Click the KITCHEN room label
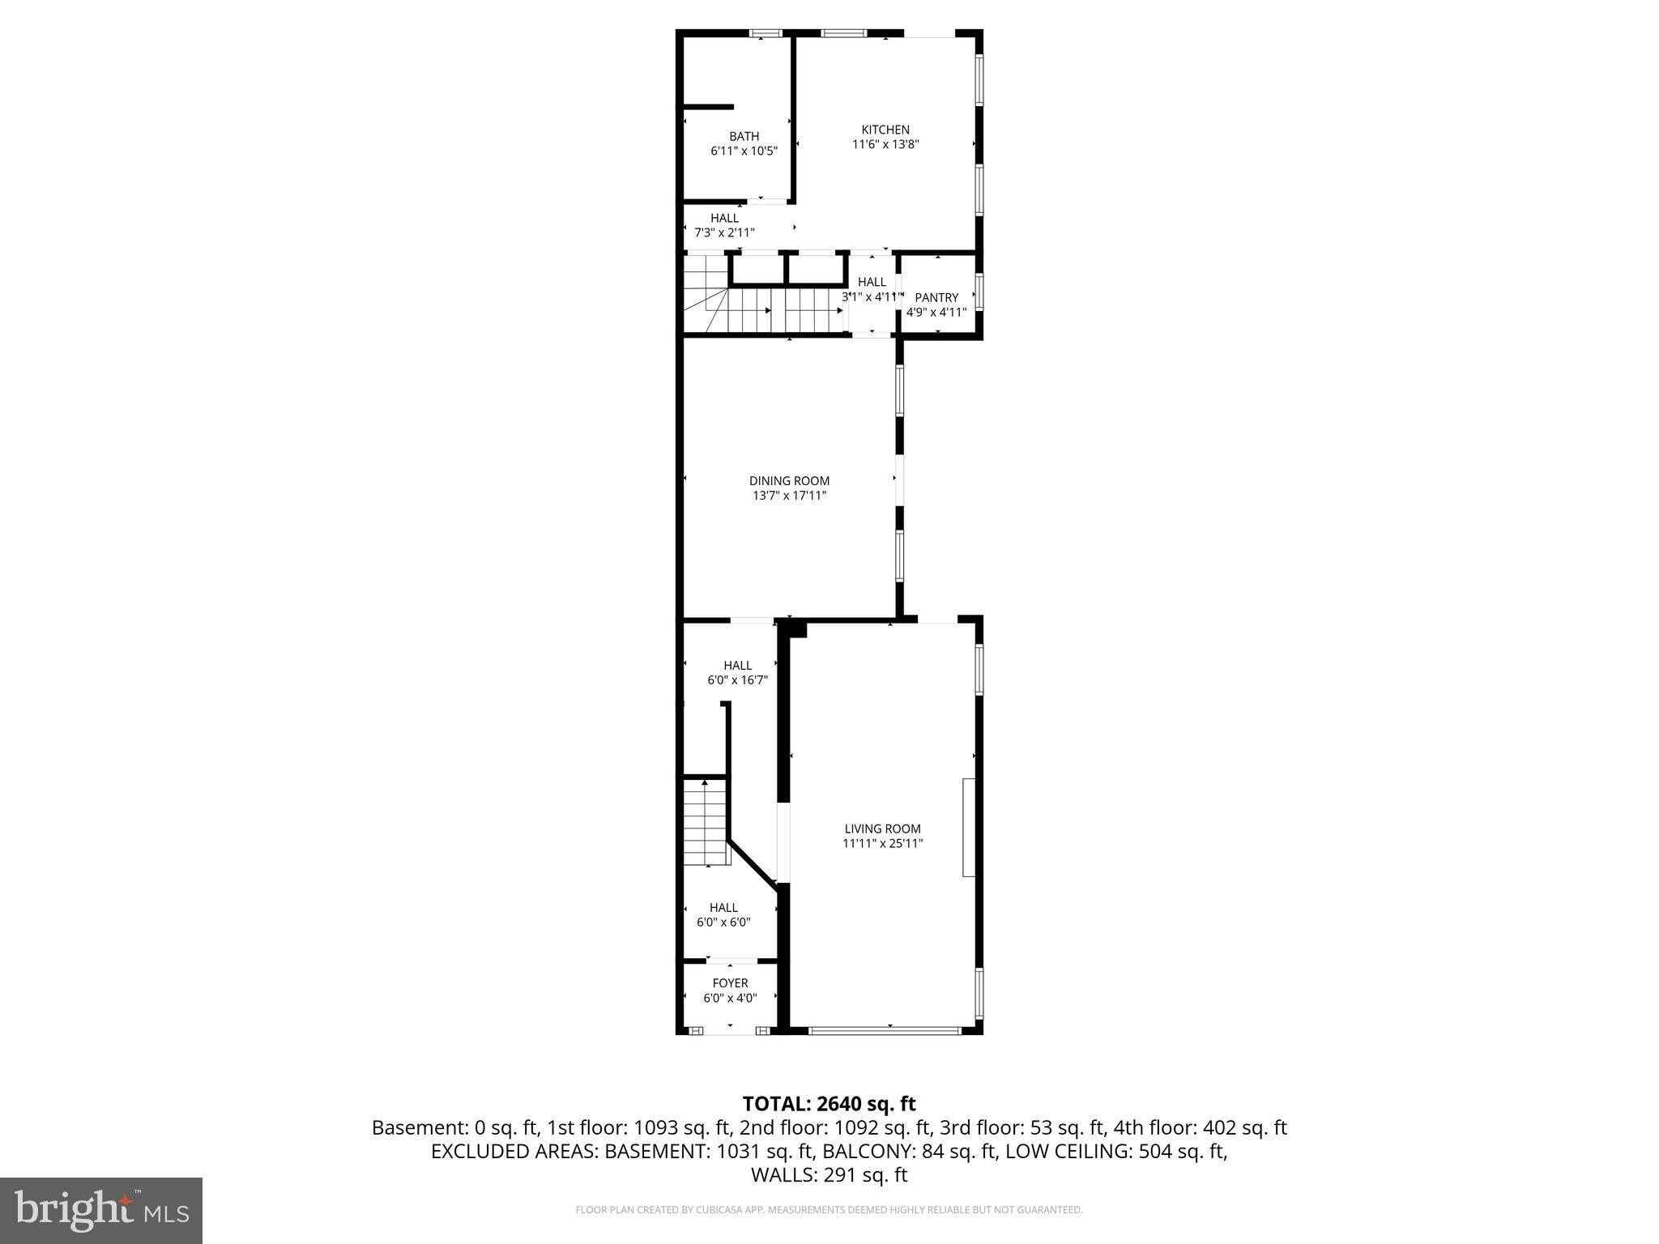pos(885,130)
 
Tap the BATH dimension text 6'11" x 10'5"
pos(744,151)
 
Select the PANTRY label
pos(936,297)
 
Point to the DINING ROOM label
pos(789,481)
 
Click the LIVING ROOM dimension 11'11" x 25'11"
pos(882,843)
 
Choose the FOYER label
pos(730,983)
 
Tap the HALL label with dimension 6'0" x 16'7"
pos(737,666)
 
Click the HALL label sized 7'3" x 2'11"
pos(724,218)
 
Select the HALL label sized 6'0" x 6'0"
pos(723,908)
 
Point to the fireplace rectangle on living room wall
pos(968,827)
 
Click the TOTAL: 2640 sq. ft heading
pos(829,1104)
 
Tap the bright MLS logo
pos(101,1210)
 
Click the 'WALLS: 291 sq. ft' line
pos(829,1175)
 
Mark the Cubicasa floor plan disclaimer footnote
pos(829,1210)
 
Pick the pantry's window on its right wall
pos(979,292)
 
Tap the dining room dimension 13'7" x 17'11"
pos(789,496)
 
